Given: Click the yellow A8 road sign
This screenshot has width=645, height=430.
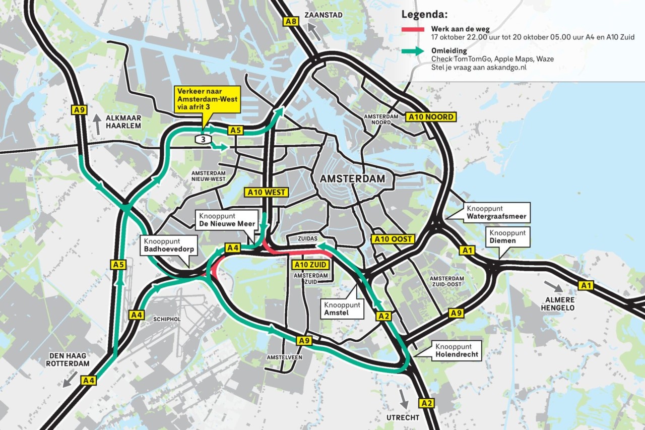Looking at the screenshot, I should tap(291, 22).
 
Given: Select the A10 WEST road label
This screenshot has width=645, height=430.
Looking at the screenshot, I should tap(267, 192).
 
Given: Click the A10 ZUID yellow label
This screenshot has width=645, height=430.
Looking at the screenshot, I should tap(311, 264).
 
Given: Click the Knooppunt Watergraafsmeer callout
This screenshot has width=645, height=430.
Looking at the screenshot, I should tap(496, 212).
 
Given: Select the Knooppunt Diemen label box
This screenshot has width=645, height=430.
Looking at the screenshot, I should tap(507, 237).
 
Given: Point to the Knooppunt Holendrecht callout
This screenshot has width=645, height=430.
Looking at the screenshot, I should tap(455, 351).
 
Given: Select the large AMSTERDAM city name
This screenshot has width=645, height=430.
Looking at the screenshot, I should tap(352, 179).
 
